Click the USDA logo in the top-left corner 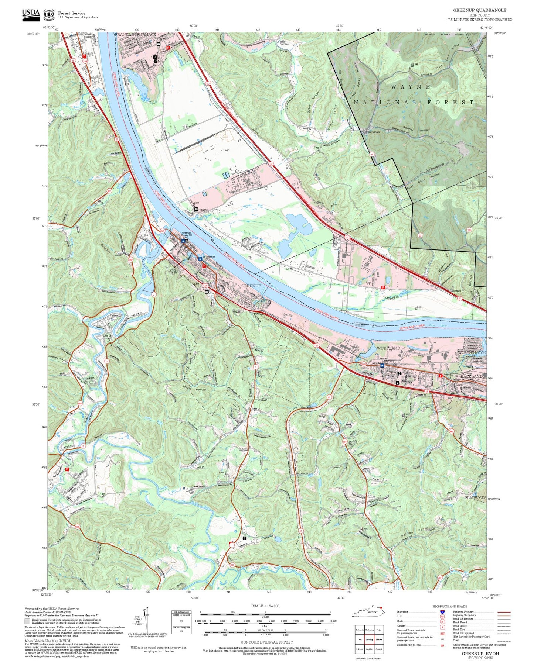31,14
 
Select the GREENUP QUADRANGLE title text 480,10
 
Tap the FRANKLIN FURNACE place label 135,34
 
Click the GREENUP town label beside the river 251,286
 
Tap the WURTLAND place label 388,348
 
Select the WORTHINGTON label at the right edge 472,353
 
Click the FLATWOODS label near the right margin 475,498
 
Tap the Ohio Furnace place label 373,132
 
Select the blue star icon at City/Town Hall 200,259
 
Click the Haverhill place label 203,210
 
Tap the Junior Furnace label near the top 283,43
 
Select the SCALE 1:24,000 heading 265,606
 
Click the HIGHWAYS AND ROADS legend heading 449,606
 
